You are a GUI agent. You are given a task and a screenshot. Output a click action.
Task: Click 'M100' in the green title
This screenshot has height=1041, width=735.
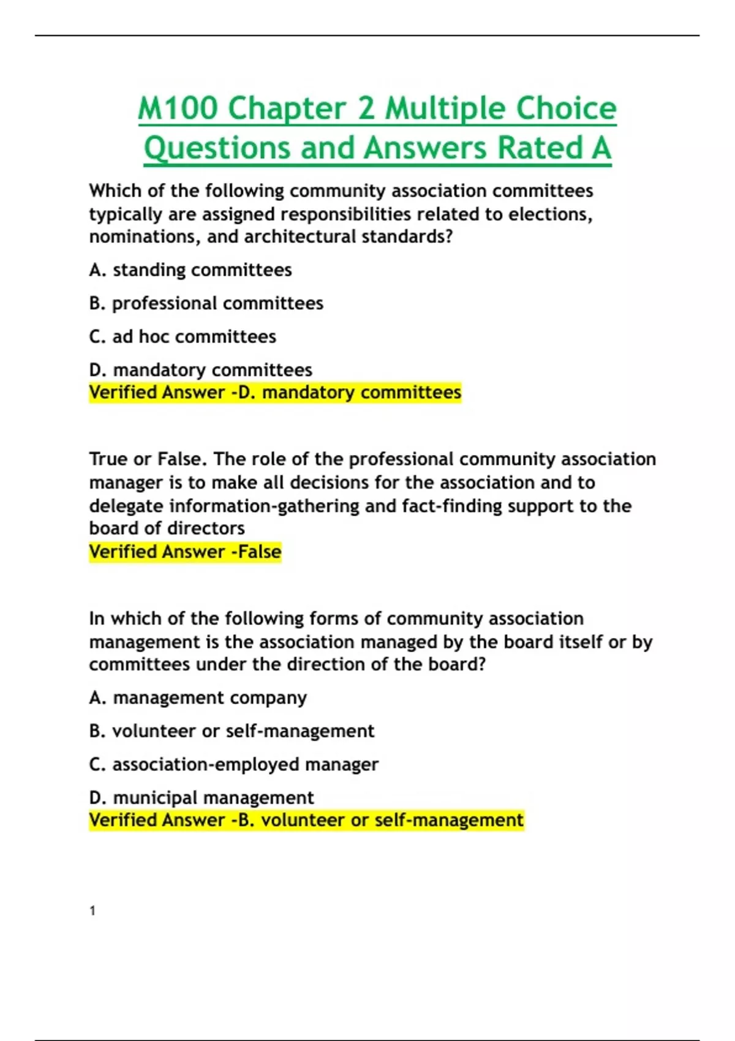point(178,108)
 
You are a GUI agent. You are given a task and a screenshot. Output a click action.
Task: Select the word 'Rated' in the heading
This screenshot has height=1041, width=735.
point(540,148)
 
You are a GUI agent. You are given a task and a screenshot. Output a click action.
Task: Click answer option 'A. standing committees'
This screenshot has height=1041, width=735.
point(190,270)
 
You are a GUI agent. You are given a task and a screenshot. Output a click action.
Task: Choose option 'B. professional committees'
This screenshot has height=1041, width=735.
point(206,303)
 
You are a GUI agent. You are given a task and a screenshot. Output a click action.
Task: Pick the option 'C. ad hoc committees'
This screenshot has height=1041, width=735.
point(183,337)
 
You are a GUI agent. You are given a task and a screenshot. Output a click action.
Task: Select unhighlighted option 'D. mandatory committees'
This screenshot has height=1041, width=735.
point(200,370)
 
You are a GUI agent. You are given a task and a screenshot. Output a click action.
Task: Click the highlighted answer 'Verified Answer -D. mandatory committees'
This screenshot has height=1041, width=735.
point(275,393)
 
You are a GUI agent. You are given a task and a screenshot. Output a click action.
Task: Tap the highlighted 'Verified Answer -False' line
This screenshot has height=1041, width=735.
point(185,552)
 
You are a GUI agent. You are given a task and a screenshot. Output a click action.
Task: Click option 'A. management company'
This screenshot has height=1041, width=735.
point(197,698)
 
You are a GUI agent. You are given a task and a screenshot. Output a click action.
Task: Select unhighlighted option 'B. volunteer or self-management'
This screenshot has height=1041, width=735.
point(232,731)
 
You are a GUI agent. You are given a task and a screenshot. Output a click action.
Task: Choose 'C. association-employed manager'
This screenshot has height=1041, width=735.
point(233,765)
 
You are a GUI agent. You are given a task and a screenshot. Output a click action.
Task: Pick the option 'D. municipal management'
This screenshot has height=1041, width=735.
point(201,798)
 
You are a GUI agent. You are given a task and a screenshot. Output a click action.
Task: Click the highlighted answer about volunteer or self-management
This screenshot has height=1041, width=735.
point(306,821)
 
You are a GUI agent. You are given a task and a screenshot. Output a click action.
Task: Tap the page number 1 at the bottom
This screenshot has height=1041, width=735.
point(92,911)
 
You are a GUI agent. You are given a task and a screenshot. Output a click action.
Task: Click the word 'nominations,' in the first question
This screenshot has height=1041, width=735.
point(145,237)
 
